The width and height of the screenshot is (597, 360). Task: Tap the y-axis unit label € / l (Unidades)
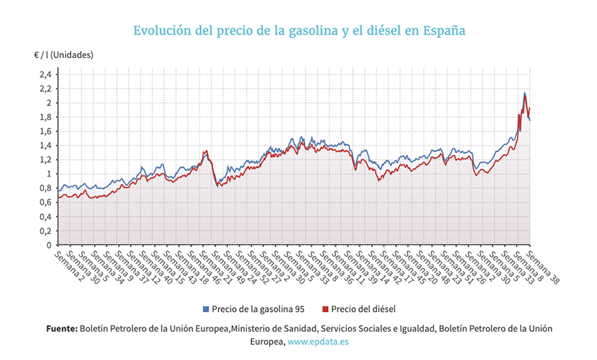pyautogui.click(x=63, y=54)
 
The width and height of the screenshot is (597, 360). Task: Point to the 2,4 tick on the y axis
pyautogui.click(x=45, y=74)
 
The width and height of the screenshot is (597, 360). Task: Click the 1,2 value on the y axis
pyautogui.click(x=45, y=160)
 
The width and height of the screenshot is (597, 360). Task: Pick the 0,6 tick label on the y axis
pyautogui.click(x=45, y=203)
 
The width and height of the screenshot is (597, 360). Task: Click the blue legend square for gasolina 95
pyautogui.click(x=207, y=309)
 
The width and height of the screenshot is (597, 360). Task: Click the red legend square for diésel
pyautogui.click(x=325, y=309)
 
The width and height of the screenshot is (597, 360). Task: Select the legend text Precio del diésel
pyautogui.click(x=363, y=309)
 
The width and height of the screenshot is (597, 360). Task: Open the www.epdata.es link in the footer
pyautogui.click(x=318, y=341)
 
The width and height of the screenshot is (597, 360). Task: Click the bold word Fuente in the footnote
pyautogui.click(x=62, y=329)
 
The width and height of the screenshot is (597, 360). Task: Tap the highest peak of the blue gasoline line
pyautogui.click(x=524, y=93)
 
